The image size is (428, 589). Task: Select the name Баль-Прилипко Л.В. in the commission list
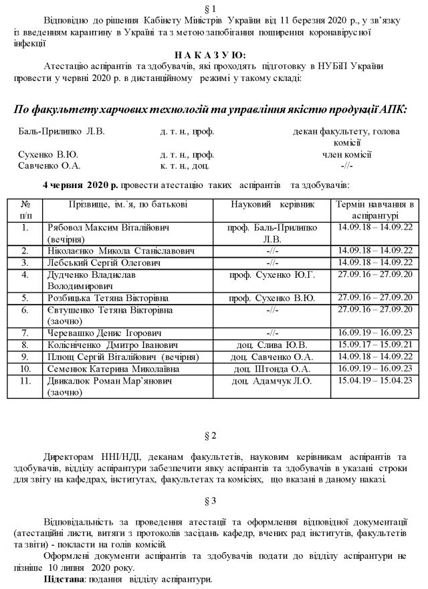(x=62, y=132)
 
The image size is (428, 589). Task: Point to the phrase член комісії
(x=347, y=155)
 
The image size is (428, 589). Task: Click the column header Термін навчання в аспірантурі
(x=374, y=209)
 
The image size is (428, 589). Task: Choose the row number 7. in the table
(x=25, y=333)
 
